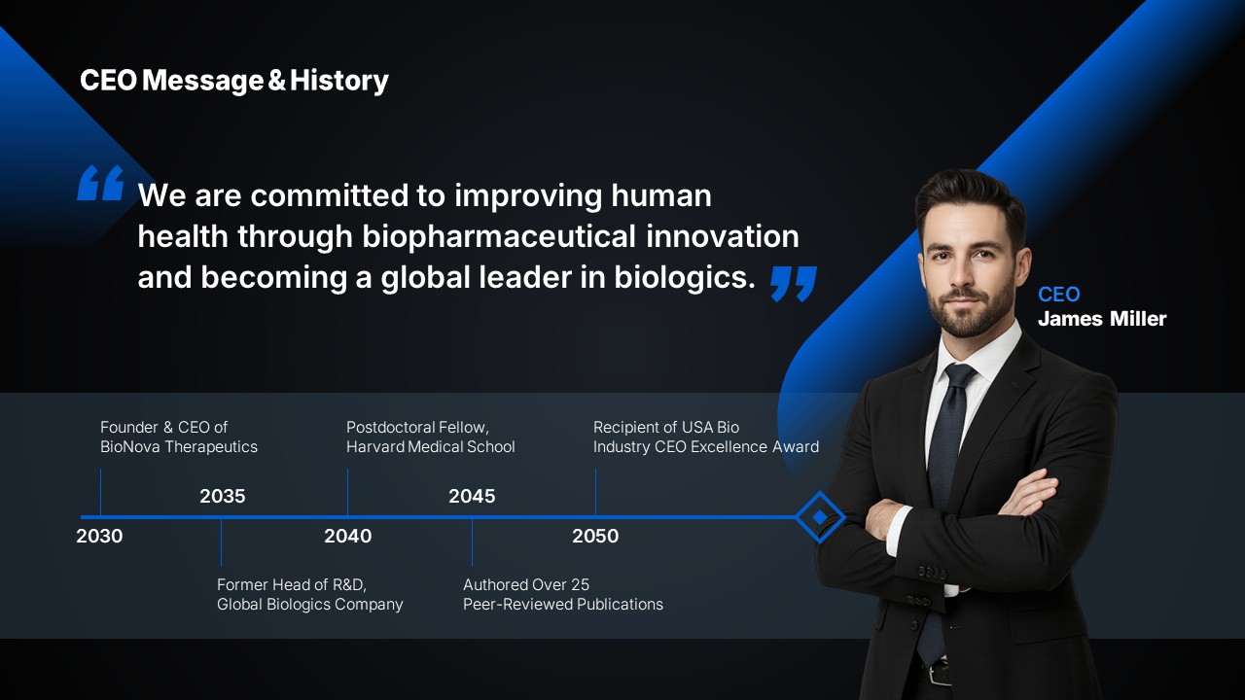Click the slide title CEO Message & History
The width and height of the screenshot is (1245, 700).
234,81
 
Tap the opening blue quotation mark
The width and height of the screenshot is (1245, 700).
100,182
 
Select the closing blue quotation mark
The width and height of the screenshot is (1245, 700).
794,283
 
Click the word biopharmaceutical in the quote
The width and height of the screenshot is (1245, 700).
499,236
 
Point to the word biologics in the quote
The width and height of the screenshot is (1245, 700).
684,277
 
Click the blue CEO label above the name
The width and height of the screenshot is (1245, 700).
1059,295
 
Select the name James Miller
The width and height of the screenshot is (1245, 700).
1102,319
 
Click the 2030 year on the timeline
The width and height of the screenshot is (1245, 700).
99,536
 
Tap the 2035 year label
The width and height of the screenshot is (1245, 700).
223,496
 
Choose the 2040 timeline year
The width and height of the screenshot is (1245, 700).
348,536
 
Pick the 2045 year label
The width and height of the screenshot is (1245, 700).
472,496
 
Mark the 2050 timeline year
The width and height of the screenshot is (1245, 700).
595,536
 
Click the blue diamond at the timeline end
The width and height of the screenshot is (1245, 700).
820,517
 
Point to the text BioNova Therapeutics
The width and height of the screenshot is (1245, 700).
179,446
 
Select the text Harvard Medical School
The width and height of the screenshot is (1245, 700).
431,446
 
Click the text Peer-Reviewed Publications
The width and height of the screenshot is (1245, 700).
563,605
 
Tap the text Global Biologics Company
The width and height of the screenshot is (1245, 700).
310,605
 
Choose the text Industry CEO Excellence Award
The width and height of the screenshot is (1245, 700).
706,446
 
